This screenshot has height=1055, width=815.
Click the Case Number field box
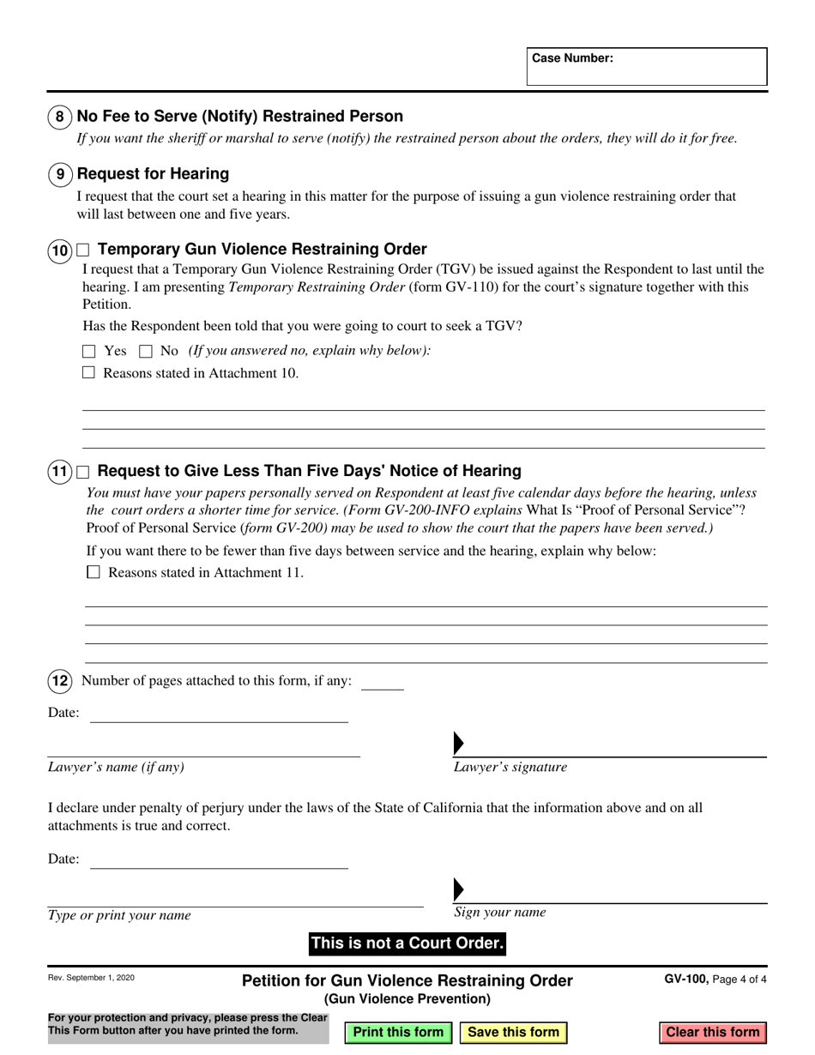pyautogui.click(x=647, y=67)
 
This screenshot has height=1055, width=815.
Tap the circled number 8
pyautogui.click(x=59, y=117)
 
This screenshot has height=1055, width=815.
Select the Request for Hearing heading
pyautogui.click(x=153, y=174)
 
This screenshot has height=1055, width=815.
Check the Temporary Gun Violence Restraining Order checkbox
pyautogui.click(x=83, y=250)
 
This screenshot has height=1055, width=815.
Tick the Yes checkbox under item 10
pyautogui.click(x=89, y=351)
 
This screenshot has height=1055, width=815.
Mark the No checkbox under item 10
pyautogui.click(x=146, y=351)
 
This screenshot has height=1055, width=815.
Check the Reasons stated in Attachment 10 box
pyautogui.click(x=88, y=373)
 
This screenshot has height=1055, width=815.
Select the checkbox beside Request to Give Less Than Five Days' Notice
pyautogui.click(x=83, y=472)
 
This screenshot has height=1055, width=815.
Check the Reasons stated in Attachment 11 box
pyautogui.click(x=94, y=572)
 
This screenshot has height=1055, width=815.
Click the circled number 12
pyautogui.click(x=59, y=681)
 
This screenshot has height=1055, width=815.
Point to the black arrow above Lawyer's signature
pyautogui.click(x=458, y=744)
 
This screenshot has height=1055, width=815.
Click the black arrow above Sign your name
pyautogui.click(x=458, y=889)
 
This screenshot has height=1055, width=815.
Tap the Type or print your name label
pyautogui.click(x=119, y=915)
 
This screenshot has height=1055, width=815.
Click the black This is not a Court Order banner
pyautogui.click(x=407, y=943)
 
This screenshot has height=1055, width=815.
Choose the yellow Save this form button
pyautogui.click(x=514, y=1032)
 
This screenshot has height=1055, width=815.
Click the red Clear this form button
pyautogui.click(x=713, y=1032)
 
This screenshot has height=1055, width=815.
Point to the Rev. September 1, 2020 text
pyautogui.click(x=91, y=978)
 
